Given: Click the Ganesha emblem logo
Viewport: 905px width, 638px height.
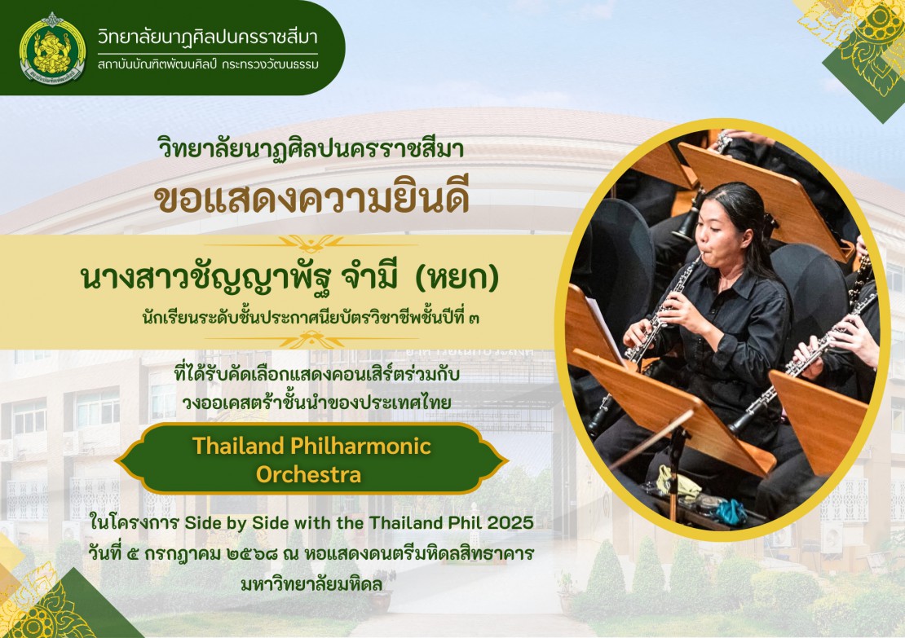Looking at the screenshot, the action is pyautogui.click(x=52, y=48).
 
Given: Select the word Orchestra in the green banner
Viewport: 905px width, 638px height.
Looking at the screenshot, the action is pyautogui.click(x=309, y=475).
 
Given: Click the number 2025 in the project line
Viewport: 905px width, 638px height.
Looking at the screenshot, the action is pyautogui.click(x=510, y=522).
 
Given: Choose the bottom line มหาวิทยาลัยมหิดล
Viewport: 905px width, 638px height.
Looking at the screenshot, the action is pyautogui.click(x=311, y=584).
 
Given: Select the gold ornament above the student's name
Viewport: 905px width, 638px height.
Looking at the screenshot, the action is pyautogui.click(x=311, y=244).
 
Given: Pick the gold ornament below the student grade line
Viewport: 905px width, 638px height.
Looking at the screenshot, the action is pyautogui.click(x=311, y=339).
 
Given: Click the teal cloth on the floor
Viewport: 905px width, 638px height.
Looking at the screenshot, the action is pyautogui.click(x=730, y=511).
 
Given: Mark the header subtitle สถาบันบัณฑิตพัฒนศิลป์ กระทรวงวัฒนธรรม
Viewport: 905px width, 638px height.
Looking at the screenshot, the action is pyautogui.click(x=208, y=64).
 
